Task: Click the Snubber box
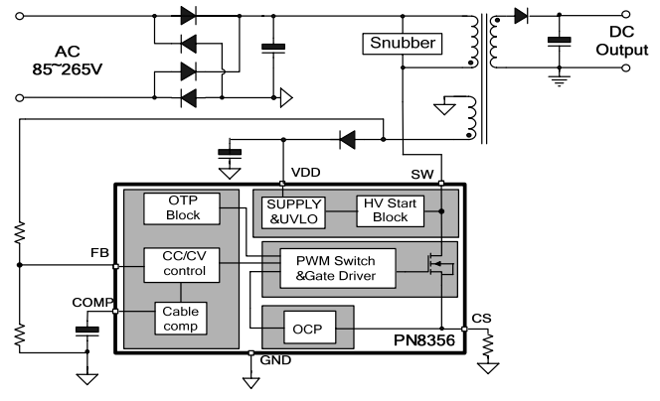tap(402, 44)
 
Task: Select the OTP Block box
tap(182, 208)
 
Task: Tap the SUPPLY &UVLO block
tap(293, 212)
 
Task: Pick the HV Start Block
tap(391, 211)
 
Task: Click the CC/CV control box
tap(182, 265)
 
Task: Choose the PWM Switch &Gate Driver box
tap(338, 268)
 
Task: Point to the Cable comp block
tap(181, 319)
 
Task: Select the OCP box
tap(309, 328)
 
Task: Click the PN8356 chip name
tap(423, 340)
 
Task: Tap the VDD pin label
tap(305, 173)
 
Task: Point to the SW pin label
tap(422, 175)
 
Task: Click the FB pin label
tap(99, 253)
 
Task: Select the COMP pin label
tap(92, 303)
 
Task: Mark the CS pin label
tap(481, 319)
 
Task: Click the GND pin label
tap(275, 360)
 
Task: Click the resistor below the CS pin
tap(488, 343)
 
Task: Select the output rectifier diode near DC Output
tap(521, 16)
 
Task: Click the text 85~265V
tap(68, 69)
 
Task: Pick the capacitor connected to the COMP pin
tap(87, 332)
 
